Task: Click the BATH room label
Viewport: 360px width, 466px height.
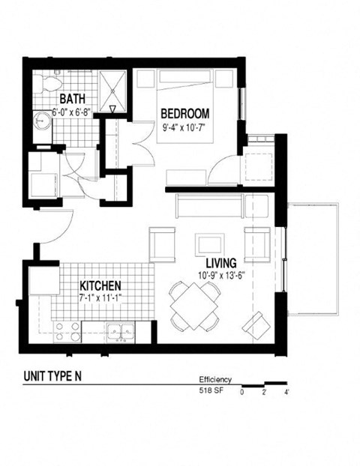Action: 73,98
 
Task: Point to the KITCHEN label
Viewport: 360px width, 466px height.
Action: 101,285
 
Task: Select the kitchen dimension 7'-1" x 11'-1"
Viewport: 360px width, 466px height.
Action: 101,297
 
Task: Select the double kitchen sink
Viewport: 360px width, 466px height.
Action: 119,330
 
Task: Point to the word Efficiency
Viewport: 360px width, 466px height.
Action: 215,380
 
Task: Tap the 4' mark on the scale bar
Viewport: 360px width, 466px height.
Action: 286,391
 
